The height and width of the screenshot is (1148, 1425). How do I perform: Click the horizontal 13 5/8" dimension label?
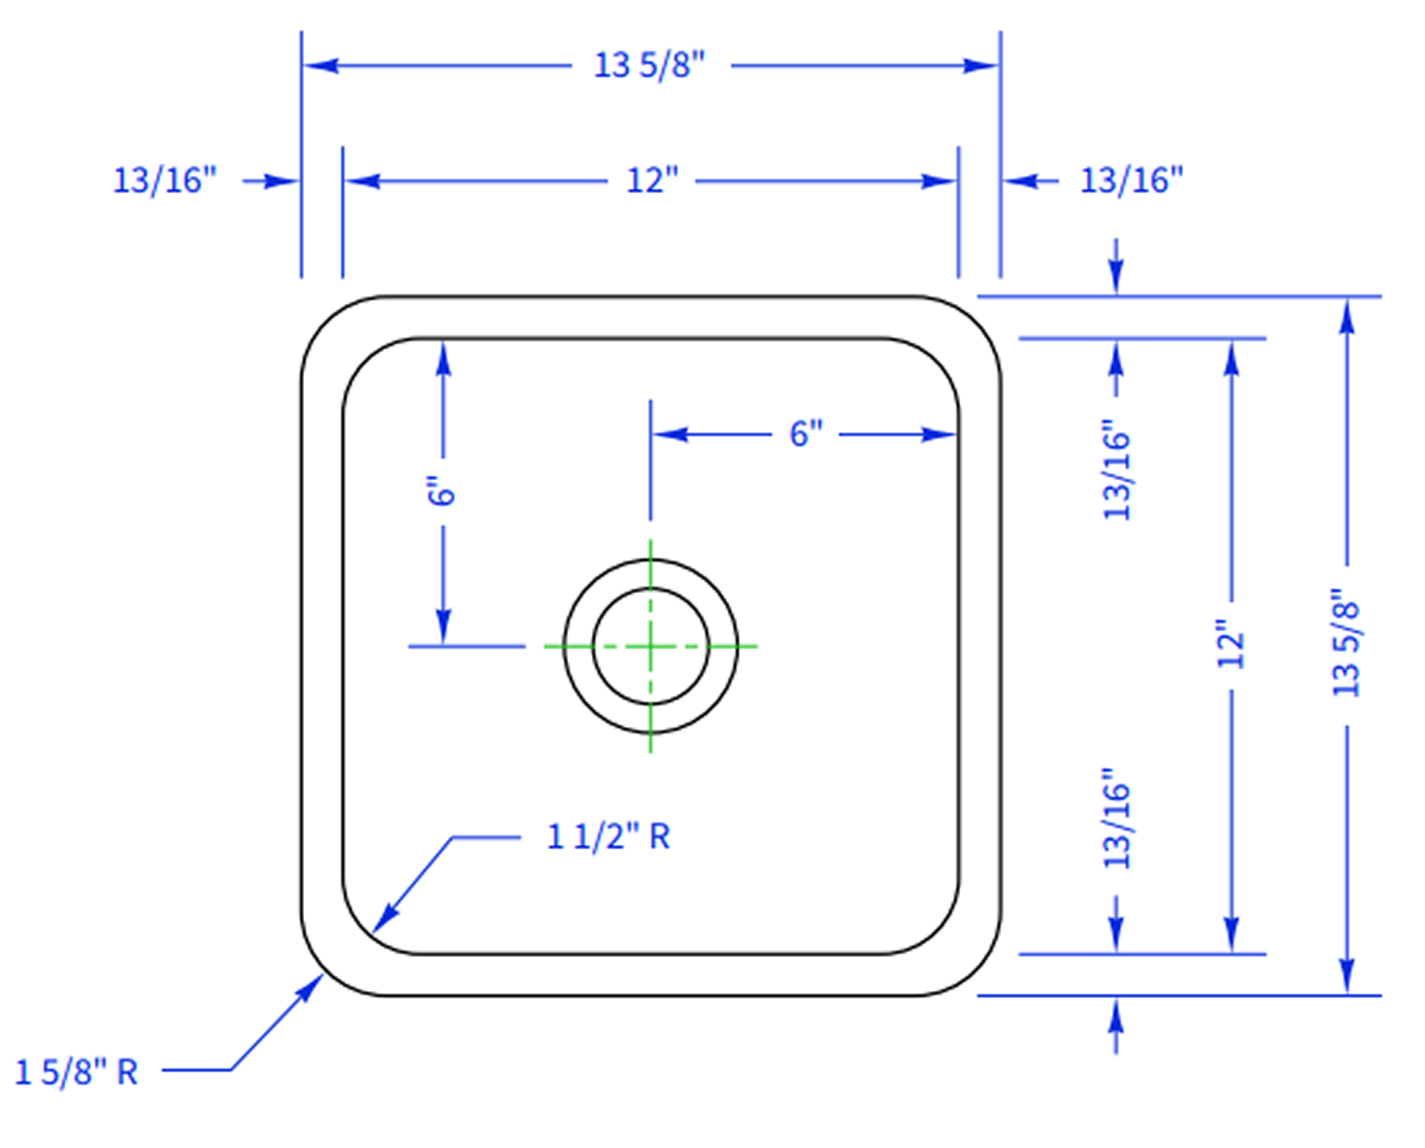pyautogui.click(x=650, y=66)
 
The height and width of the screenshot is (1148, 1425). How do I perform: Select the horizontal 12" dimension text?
pyautogui.click(x=652, y=181)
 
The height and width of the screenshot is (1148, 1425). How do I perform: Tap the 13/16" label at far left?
pyautogui.click(x=165, y=181)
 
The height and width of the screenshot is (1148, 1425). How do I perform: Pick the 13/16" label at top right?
pyautogui.click(x=1132, y=181)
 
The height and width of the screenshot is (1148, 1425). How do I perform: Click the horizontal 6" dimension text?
pyautogui.click(x=806, y=434)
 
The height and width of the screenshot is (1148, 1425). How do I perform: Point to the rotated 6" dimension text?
pyautogui.click(x=442, y=491)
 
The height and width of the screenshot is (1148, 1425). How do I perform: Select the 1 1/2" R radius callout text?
pyautogui.click(x=609, y=837)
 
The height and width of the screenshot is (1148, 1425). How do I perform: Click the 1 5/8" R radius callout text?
pyautogui.click(x=77, y=1073)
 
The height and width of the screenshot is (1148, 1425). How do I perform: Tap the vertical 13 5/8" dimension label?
pyautogui.click(x=1346, y=643)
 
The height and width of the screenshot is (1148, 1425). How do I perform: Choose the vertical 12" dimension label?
pyautogui.click(x=1231, y=644)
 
